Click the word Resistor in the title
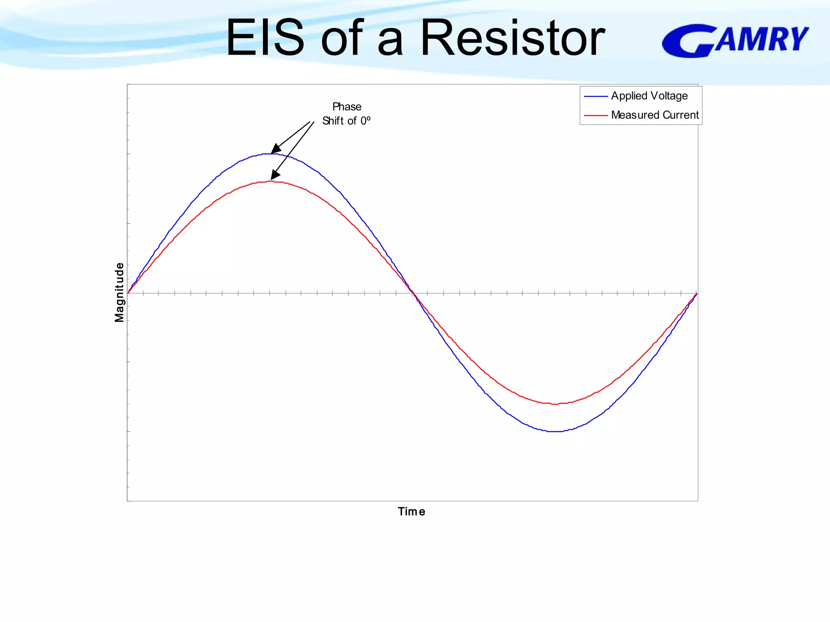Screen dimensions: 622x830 (x=513, y=38)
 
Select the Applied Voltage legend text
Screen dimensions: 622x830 (x=649, y=96)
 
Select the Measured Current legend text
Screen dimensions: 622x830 (x=655, y=115)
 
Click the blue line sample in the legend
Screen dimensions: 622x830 (x=596, y=96)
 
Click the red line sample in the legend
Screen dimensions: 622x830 (x=596, y=115)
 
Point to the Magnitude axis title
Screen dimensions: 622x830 (x=119, y=292)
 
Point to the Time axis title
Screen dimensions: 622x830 (x=411, y=511)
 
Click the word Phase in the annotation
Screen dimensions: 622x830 (x=347, y=107)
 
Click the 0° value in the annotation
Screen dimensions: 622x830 (x=365, y=121)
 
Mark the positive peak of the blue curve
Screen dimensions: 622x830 (x=271, y=153)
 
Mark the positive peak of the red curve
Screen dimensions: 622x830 (x=271, y=181)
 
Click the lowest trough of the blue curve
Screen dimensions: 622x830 (x=555, y=431)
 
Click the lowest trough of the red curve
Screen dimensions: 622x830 (x=555, y=404)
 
